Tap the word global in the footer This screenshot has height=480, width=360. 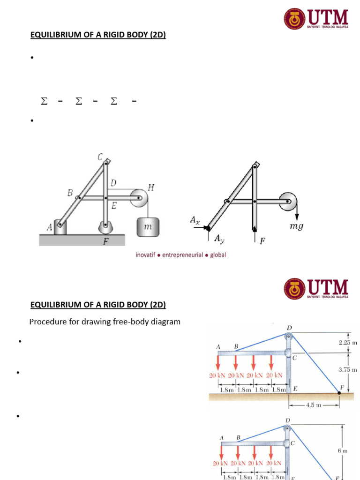tap(217, 255)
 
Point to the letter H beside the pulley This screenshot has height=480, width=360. tap(151, 187)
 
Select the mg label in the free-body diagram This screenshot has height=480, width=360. tap(297, 226)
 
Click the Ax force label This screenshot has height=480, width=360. tap(195, 219)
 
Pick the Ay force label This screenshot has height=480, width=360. tap(219, 239)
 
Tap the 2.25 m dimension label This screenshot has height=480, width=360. tap(348, 343)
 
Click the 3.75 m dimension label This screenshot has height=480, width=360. tap(348, 370)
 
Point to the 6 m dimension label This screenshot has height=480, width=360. tap(343, 451)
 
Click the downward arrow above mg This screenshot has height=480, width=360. tap(297, 214)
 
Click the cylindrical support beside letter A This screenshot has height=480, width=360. tap(60, 227)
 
